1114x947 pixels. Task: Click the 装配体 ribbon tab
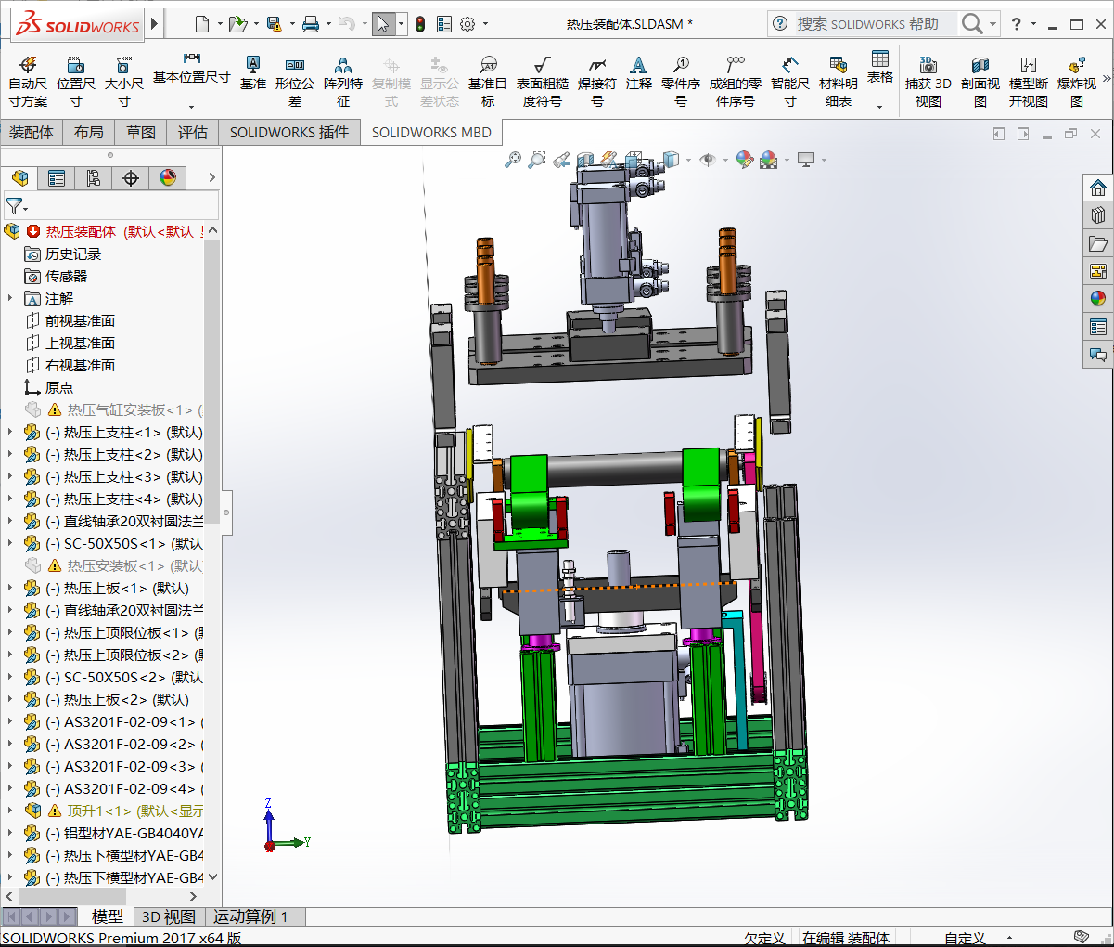coord(32,133)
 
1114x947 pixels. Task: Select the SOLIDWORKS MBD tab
coord(431,133)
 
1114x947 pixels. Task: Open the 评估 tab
coord(192,133)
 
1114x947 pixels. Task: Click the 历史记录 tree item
coord(72,253)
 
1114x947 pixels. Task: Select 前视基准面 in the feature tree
coord(80,320)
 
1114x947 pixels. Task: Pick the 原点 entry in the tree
coord(58,387)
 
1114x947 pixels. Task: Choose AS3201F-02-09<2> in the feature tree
coord(129,744)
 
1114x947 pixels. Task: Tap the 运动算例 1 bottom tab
coord(250,916)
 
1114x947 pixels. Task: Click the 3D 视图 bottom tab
coord(168,916)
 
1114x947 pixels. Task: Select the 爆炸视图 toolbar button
coord(1076,82)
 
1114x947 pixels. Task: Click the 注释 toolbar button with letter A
coord(638,73)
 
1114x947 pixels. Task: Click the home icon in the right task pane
coord(1098,188)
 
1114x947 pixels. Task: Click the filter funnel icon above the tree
coord(15,205)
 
